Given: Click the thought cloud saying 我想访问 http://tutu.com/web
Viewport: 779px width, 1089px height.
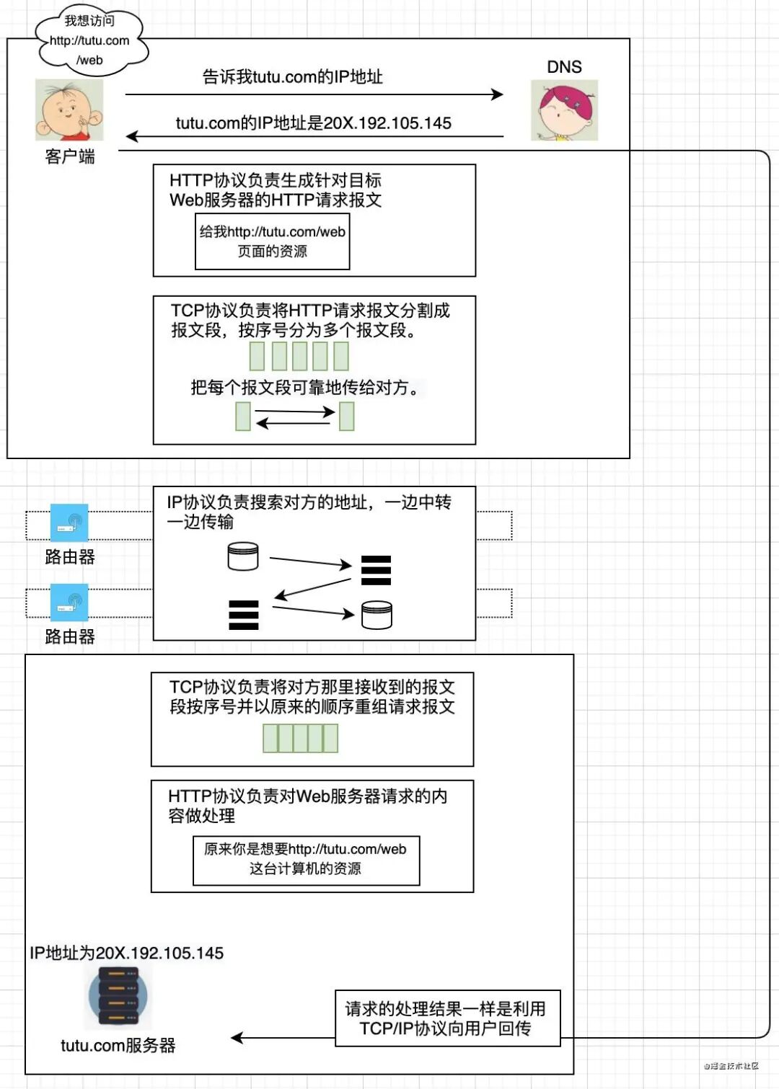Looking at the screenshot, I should coord(90,41).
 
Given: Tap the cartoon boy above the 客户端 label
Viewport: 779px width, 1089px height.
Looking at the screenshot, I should coord(69,110).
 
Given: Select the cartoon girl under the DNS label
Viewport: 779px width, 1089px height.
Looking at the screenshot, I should coord(564,110).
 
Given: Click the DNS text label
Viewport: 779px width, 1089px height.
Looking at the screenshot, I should coord(564,67).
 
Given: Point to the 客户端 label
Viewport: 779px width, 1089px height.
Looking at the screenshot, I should coord(70,156).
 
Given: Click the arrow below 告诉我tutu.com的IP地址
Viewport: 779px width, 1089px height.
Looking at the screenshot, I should coord(314,94).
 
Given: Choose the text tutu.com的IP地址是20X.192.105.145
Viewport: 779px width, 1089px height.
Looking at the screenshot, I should coord(314,123).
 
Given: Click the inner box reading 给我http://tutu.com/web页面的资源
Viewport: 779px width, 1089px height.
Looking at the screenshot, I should coord(273,241).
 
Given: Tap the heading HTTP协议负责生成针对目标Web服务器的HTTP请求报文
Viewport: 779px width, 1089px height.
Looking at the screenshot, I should coord(276,190).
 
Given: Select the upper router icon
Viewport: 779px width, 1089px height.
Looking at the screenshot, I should coord(69,523).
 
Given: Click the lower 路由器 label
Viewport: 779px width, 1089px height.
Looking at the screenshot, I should coord(70,636).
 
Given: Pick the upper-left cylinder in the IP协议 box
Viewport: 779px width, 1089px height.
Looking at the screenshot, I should coord(243,556).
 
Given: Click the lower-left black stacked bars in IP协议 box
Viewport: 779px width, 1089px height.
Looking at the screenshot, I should coord(244,615).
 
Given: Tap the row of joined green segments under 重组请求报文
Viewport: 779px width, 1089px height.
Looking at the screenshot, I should coord(300,738).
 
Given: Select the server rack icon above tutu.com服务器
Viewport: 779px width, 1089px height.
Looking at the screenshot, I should coord(118,997).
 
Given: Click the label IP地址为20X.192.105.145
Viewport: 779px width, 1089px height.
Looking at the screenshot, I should coord(127,953).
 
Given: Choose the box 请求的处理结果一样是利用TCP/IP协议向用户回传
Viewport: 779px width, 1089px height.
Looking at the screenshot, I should coord(447,1018).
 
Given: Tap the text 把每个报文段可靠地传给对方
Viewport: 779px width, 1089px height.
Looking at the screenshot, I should coord(304,388).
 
